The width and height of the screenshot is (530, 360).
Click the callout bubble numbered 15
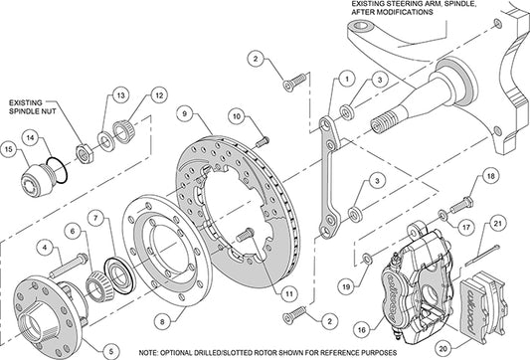[12, 150]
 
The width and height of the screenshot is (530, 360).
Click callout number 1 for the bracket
[346, 77]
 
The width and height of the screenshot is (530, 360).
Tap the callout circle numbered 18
[488, 177]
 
